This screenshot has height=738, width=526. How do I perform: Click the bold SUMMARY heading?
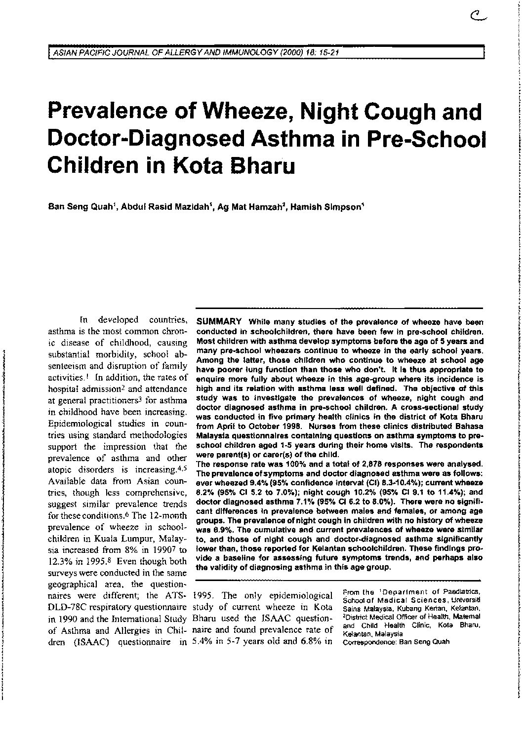[219, 321]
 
